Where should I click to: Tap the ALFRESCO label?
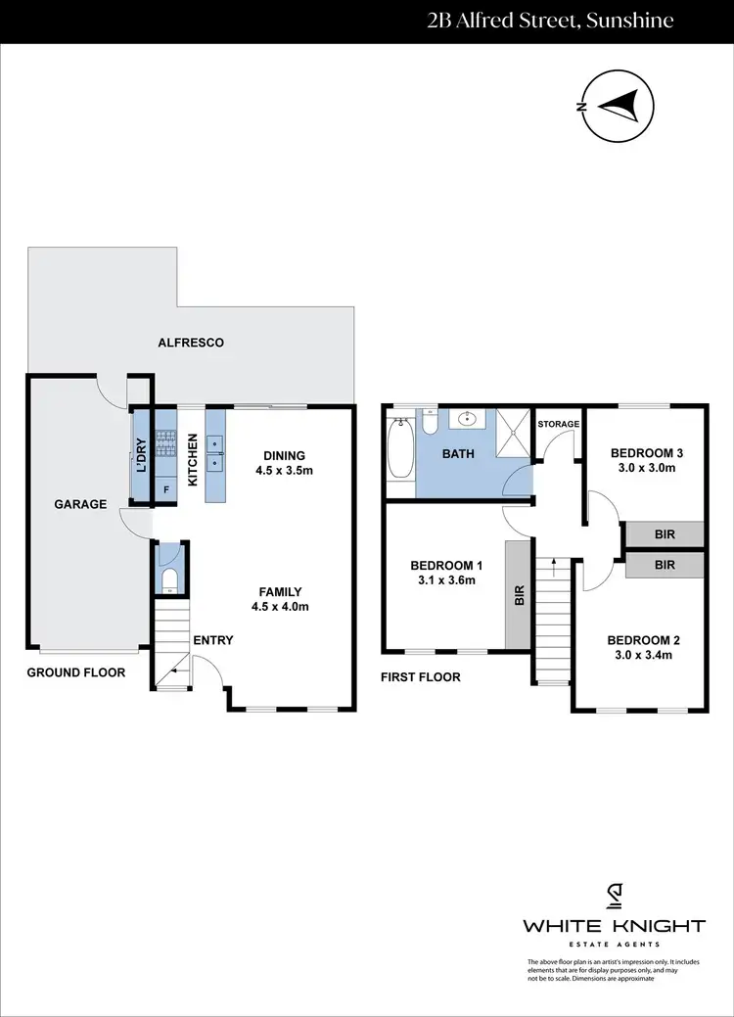(x=191, y=343)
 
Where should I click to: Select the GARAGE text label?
(x=80, y=504)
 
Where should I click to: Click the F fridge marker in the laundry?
(x=165, y=488)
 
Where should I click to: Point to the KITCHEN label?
(x=193, y=455)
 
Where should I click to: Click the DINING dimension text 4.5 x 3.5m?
(x=284, y=469)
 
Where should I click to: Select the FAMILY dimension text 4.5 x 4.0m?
(x=280, y=606)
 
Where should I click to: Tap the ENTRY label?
(x=213, y=640)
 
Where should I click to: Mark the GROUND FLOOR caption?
(x=75, y=672)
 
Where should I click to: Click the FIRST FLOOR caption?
(x=421, y=676)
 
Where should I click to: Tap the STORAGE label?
(x=560, y=424)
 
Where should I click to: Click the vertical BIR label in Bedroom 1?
(x=520, y=594)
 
